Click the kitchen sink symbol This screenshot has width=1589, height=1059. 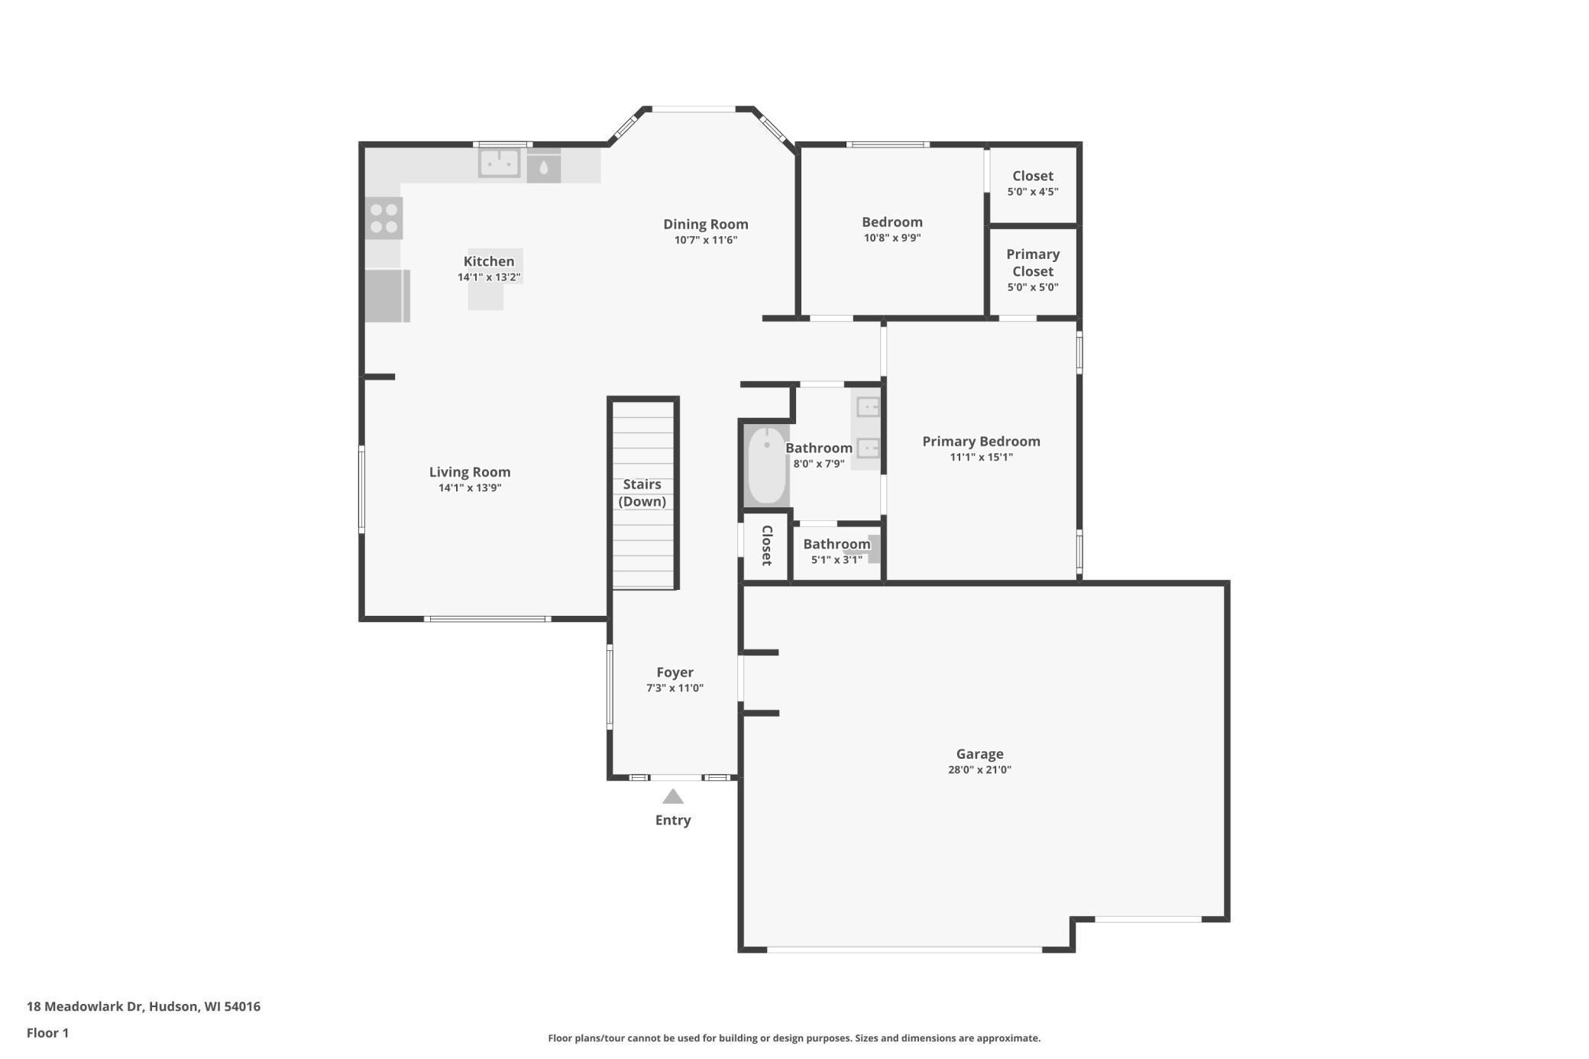click(x=499, y=163)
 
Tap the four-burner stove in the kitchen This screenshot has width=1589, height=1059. click(x=383, y=218)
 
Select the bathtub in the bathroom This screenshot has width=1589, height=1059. click(x=766, y=466)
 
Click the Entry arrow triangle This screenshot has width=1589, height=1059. click(x=672, y=797)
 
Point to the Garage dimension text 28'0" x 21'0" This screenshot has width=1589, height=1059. click(x=979, y=770)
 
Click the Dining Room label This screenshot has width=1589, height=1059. click(x=705, y=224)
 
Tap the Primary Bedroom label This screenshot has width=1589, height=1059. click(x=981, y=441)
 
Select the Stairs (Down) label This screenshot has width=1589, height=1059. click(x=642, y=493)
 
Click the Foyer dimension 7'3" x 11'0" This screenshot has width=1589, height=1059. click(x=675, y=688)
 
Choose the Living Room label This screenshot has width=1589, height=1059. click(x=469, y=472)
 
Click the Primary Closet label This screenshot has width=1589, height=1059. click(x=1032, y=263)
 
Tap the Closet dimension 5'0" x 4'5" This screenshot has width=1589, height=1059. click(x=1032, y=192)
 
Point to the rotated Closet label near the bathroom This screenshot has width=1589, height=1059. click(x=767, y=546)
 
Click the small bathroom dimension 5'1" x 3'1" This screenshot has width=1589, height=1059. click(x=837, y=560)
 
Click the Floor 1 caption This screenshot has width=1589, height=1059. click(x=47, y=1033)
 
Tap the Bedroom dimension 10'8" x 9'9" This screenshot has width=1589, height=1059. click(x=892, y=238)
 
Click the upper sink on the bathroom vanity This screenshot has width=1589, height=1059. click(x=868, y=407)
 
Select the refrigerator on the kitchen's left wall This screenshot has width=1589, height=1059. click(x=387, y=296)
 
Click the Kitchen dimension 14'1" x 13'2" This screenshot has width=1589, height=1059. click(x=489, y=277)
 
